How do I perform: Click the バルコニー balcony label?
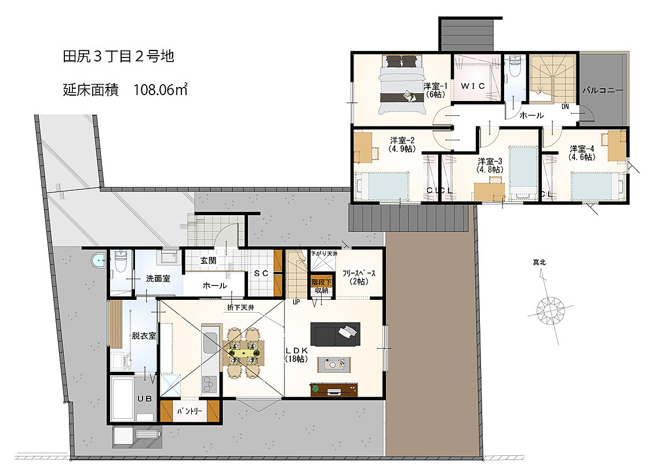(603, 90)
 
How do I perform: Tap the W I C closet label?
(473, 86)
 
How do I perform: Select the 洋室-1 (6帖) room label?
(435, 90)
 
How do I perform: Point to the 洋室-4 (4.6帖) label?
(581, 153)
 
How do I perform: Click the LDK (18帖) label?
(297, 355)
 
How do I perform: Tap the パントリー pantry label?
(189, 411)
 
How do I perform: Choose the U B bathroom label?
(145, 398)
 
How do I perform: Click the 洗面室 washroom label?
(158, 278)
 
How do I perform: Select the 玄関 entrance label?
(208, 260)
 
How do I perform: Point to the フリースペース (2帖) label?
(359, 277)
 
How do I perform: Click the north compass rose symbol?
(550, 310)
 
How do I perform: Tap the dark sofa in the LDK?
(335, 333)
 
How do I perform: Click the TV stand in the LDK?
(334, 389)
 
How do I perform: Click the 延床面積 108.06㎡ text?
(125, 90)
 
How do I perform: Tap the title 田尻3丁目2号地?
(118, 56)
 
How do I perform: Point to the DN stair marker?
(565, 107)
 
